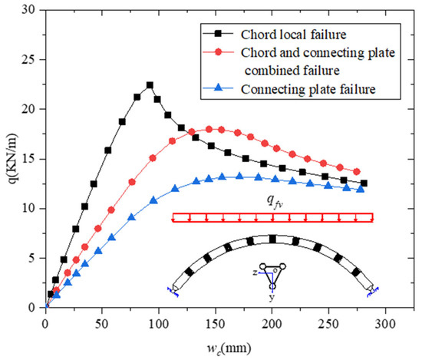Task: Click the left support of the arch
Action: (x=173, y=289)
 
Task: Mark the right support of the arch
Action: (x=371, y=289)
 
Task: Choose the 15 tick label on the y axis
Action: (x=35, y=158)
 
